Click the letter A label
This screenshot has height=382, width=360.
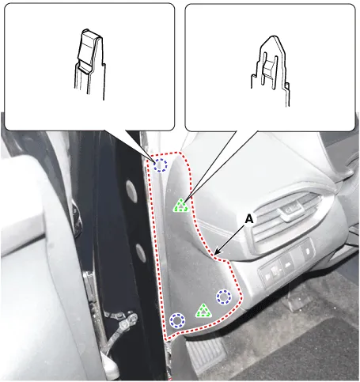pyautogui.click(x=249, y=219)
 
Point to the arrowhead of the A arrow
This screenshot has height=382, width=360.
pyautogui.click(x=216, y=253)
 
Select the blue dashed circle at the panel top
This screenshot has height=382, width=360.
pyautogui.click(x=161, y=165)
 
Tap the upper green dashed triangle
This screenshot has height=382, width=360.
pyautogui.click(x=181, y=206)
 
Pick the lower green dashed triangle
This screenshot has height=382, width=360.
pyautogui.click(x=203, y=311)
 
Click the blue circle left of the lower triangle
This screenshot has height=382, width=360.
pyautogui.click(x=177, y=320)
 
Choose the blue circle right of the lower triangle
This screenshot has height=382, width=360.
pyautogui.click(x=224, y=297)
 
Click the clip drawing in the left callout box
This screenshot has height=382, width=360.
pyautogui.click(x=90, y=64)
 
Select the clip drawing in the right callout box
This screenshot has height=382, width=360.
pyautogui.click(x=270, y=70)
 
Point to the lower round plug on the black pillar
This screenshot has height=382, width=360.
pyautogui.click(x=141, y=253)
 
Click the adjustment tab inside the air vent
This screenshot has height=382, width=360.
pyautogui.click(x=291, y=209)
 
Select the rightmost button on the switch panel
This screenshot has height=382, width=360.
pyautogui.click(x=307, y=251)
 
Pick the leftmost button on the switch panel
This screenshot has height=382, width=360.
pyautogui.click(x=267, y=277)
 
